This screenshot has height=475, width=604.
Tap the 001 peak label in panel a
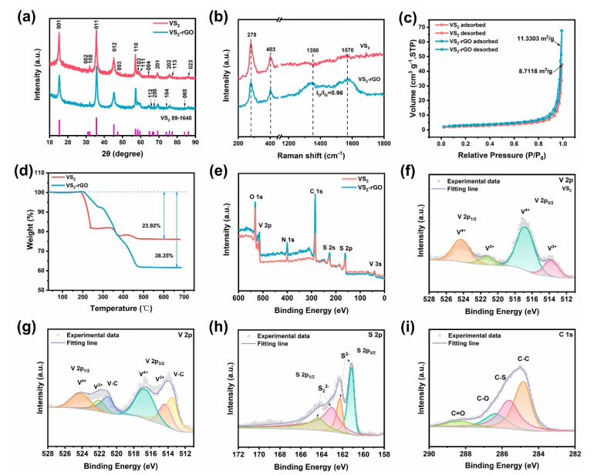point(59,24)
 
